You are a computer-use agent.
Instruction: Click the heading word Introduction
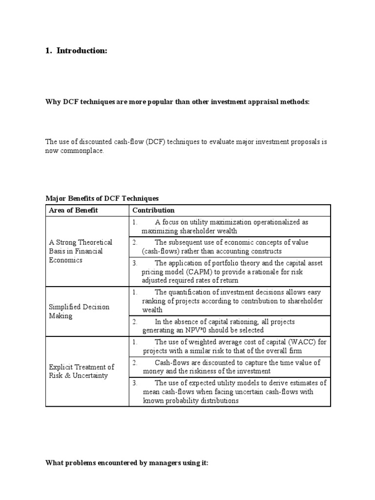[x=82, y=51]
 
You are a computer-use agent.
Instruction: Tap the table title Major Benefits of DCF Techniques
[x=102, y=198]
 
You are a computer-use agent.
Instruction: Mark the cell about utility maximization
[x=229, y=227]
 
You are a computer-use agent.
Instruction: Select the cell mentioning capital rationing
[x=229, y=326]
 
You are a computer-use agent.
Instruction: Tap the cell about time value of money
[x=229, y=367]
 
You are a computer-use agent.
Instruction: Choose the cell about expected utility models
[x=229, y=392]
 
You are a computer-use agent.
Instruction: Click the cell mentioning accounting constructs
[x=229, y=247]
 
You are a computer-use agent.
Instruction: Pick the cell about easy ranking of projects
[x=229, y=301]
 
